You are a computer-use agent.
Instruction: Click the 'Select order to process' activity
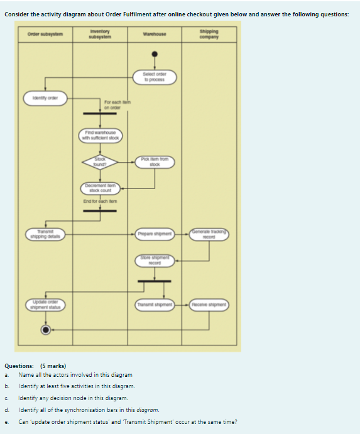pyautogui.click(x=154, y=78)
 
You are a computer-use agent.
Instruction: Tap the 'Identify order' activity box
pyautogui.click(x=45, y=97)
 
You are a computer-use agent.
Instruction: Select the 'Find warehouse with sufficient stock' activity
pyautogui.click(x=101, y=135)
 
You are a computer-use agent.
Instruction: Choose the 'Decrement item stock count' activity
pyautogui.click(x=101, y=188)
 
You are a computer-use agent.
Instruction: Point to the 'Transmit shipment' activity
pyautogui.click(x=154, y=305)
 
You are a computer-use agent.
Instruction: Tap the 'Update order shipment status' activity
pyautogui.click(x=45, y=305)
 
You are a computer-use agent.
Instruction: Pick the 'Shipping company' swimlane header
pyautogui.click(x=209, y=34)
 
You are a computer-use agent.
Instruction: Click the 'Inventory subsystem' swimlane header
pyautogui.click(x=101, y=34)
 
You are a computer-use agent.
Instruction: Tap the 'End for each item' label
pyautogui.click(x=100, y=201)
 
